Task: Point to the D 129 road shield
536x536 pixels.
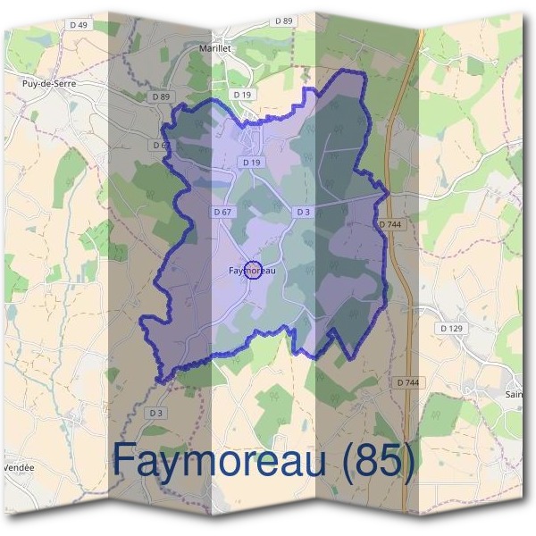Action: pyautogui.click(x=452, y=329)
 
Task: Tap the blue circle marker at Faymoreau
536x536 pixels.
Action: pyautogui.click(x=253, y=270)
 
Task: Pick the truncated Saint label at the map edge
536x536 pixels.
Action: pyautogui.click(x=513, y=393)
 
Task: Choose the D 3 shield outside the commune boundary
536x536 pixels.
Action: pyautogui.click(x=156, y=413)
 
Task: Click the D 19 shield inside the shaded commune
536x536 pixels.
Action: pyautogui.click(x=251, y=163)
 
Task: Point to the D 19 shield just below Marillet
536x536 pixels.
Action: pyautogui.click(x=240, y=94)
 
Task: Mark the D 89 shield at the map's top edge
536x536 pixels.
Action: pyautogui.click(x=284, y=20)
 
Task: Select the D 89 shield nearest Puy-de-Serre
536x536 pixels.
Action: pyautogui.click(x=161, y=96)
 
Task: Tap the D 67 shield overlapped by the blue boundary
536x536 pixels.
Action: pyautogui.click(x=161, y=145)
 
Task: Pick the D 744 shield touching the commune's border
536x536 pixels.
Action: pyautogui.click(x=390, y=224)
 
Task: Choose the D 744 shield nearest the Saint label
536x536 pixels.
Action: pyautogui.click(x=407, y=382)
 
